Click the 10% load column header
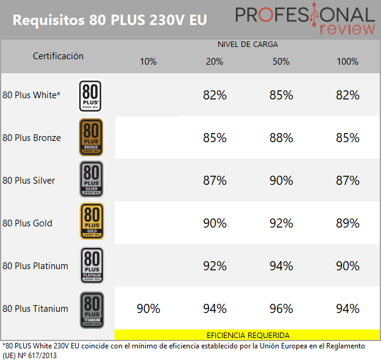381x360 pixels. point(148,61)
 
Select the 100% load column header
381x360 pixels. point(347,61)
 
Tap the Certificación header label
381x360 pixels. point(58,56)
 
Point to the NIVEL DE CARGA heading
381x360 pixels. point(247,45)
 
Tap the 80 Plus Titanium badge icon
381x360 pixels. point(91,309)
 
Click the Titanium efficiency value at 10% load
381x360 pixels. point(148,309)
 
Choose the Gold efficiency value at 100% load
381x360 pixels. point(347,223)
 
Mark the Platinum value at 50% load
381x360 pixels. point(281,266)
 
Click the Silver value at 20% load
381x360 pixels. point(215,181)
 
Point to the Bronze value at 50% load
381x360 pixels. point(281,138)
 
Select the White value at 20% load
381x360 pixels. point(215,95)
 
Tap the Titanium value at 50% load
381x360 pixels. point(281,309)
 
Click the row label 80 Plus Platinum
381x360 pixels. point(35,266)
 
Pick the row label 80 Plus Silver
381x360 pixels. point(29,181)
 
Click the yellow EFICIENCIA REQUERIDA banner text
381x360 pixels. point(247,335)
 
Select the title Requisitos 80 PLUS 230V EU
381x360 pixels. point(110,20)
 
